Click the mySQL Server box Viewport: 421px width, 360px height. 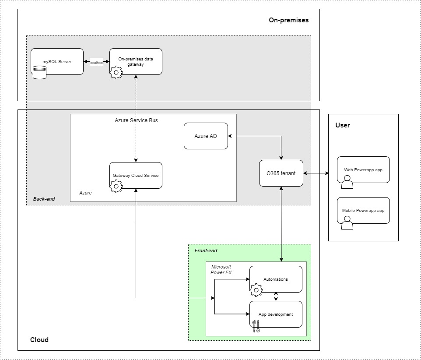click(x=57, y=61)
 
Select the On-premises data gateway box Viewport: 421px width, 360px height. click(x=136, y=61)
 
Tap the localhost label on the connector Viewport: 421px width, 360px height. click(x=96, y=63)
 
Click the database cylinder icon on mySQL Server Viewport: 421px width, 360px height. click(x=39, y=71)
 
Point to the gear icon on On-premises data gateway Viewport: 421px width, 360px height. click(x=116, y=72)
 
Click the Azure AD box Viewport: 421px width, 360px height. click(x=206, y=136)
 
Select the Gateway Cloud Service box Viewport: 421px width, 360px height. click(x=136, y=175)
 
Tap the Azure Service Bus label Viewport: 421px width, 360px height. click(x=136, y=120)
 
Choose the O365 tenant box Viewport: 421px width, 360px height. click(x=281, y=173)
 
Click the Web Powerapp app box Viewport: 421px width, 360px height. click(x=363, y=169)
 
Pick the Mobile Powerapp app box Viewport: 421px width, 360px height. click(x=363, y=210)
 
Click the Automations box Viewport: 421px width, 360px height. click(x=276, y=279)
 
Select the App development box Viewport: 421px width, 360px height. click(x=276, y=314)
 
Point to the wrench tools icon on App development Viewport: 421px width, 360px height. click(x=256, y=326)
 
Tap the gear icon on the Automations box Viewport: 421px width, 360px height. click(x=256, y=289)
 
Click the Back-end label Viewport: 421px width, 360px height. click(x=44, y=199)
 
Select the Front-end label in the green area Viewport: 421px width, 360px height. click(x=206, y=251)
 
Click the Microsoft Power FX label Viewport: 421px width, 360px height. click(x=221, y=269)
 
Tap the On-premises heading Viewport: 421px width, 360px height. click(x=288, y=20)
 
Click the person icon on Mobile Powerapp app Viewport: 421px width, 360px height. click(x=347, y=223)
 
